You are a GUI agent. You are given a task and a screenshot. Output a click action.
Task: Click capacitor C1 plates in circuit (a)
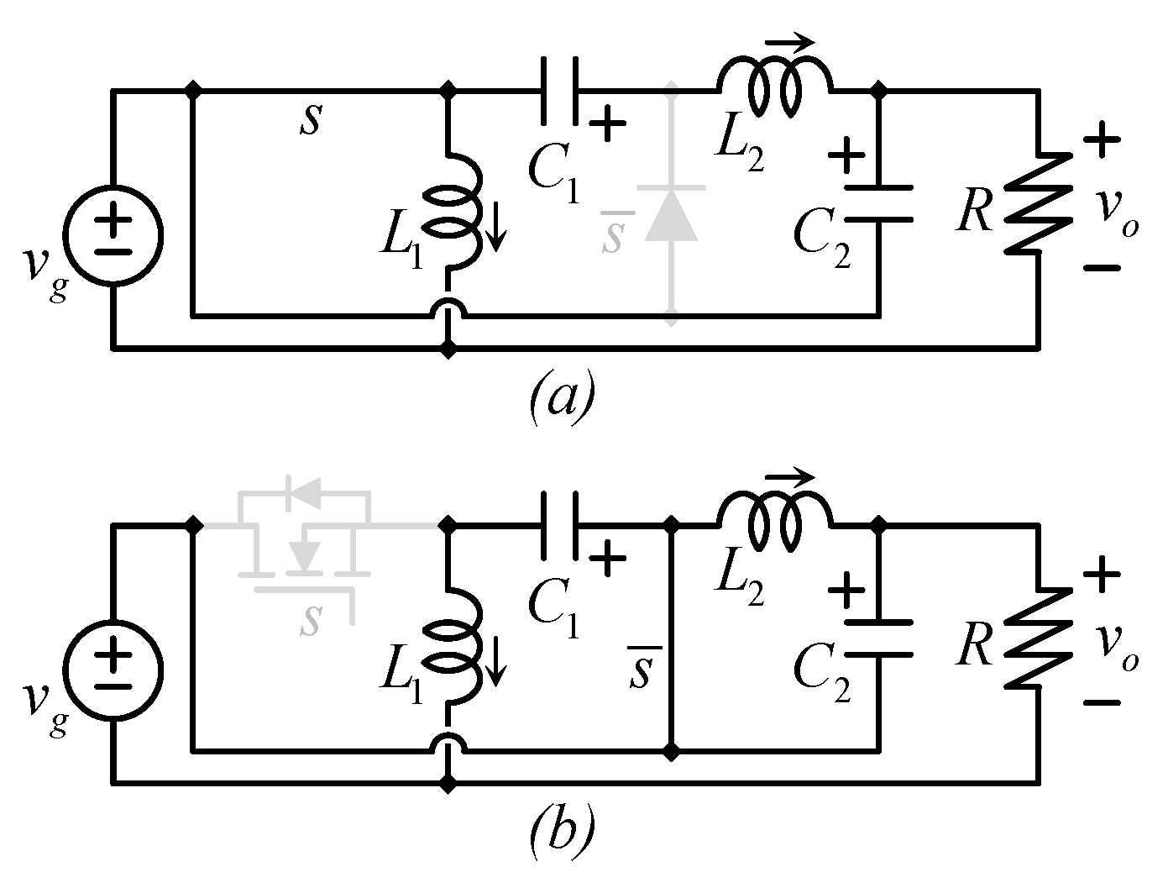[x=559, y=91]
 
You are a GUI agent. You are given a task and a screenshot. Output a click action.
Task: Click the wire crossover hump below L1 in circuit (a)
[x=450, y=310]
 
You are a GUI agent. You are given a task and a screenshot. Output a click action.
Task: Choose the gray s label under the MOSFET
[x=312, y=619]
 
